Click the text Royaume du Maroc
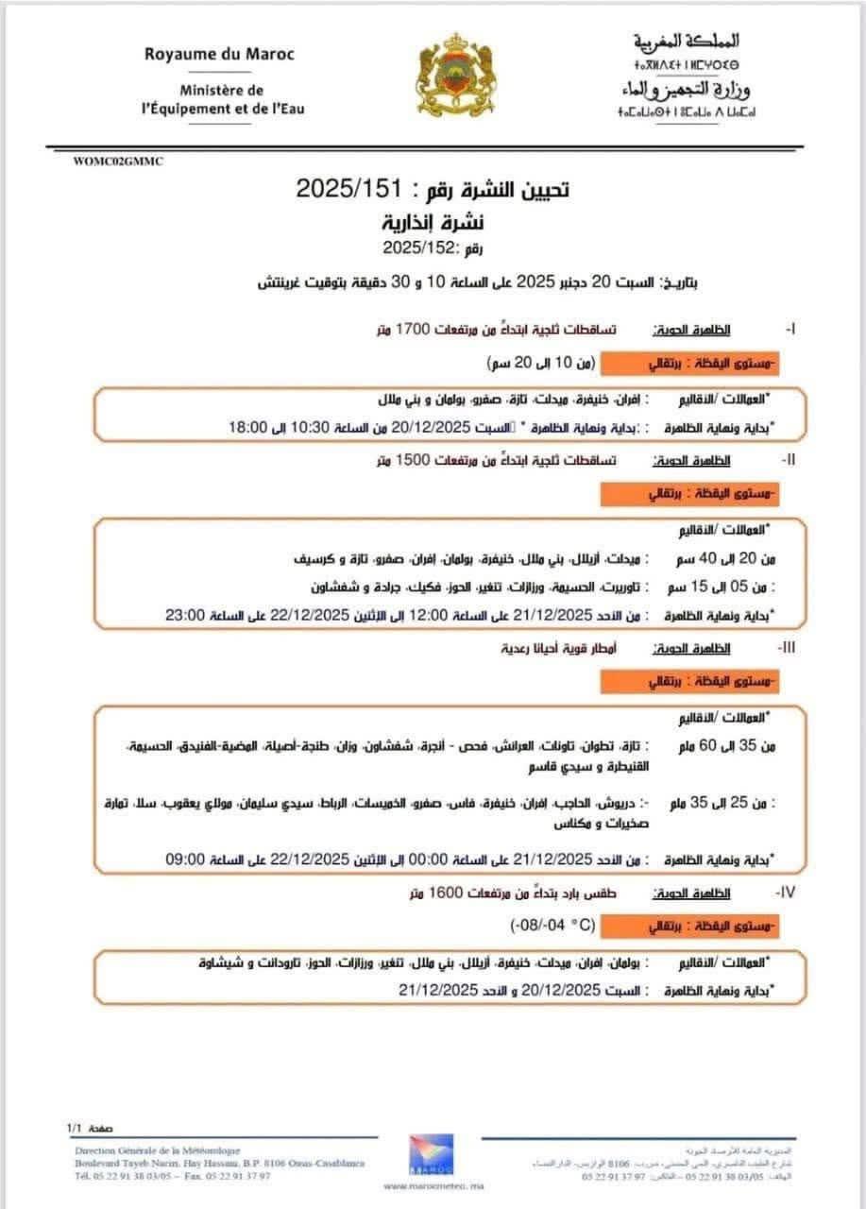click(x=219, y=54)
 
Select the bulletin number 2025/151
click(x=343, y=189)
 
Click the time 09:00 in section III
click(x=183, y=860)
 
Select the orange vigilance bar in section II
click(x=689, y=493)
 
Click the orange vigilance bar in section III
click(x=689, y=681)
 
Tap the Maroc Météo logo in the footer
click(x=429, y=1158)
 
